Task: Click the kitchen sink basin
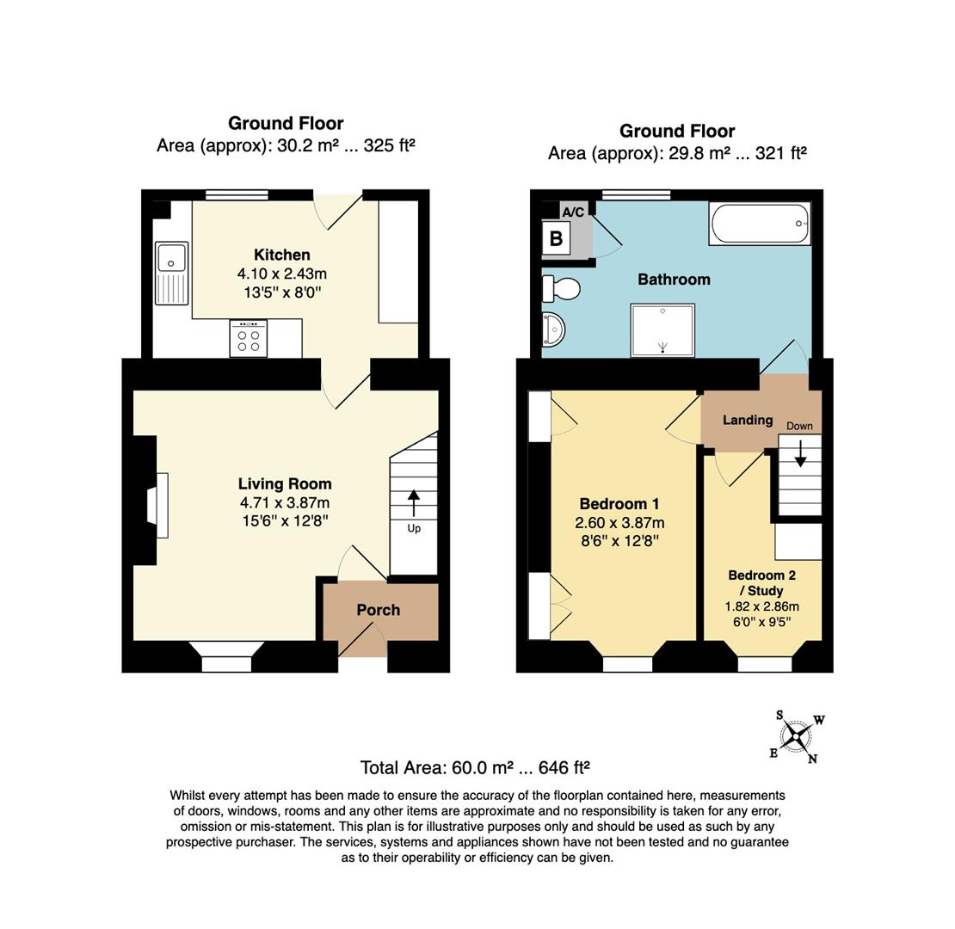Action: point(172,257)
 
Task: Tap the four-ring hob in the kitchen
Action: point(249,338)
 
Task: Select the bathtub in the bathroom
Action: point(760,224)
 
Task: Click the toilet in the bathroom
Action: point(561,288)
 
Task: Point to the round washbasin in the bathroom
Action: point(553,330)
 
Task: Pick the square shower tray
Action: point(662,329)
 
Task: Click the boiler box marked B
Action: point(556,238)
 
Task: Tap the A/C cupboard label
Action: point(572,212)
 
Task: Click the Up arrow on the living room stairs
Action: point(414,503)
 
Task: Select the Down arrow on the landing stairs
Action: point(800,453)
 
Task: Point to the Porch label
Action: point(379,610)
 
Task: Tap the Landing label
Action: point(748,420)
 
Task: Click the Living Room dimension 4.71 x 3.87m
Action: point(285,503)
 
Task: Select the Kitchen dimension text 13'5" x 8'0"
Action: point(282,292)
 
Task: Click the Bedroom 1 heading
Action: point(619,504)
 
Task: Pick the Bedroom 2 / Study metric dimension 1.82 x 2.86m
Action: point(762,606)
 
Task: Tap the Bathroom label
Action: point(674,280)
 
